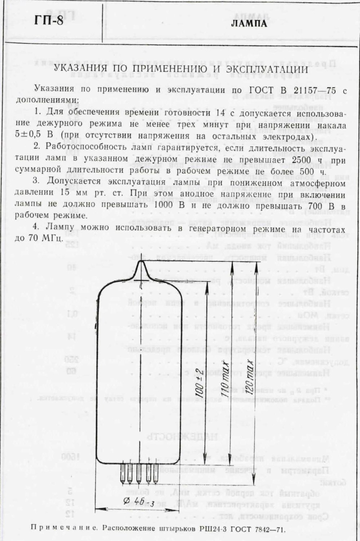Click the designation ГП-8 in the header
pyautogui.click(x=49, y=21)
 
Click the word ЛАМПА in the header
pyautogui.click(x=249, y=24)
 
